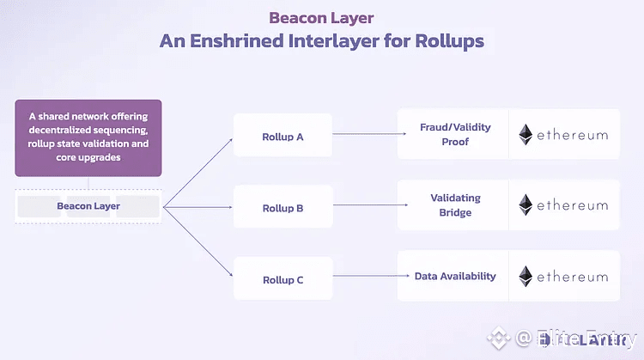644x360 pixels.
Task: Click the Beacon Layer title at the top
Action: click(x=321, y=16)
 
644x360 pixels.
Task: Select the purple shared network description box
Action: click(x=88, y=137)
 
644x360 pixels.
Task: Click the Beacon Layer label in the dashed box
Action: click(x=87, y=206)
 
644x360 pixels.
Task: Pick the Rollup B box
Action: click(x=282, y=208)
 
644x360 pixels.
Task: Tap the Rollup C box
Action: click(x=282, y=279)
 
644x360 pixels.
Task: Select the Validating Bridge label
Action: click(x=455, y=205)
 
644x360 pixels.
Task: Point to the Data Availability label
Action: click(x=455, y=276)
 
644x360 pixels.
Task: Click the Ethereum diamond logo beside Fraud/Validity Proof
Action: click(x=526, y=135)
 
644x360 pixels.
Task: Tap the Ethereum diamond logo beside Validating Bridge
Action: click(x=526, y=205)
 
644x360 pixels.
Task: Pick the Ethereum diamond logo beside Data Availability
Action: click(x=526, y=276)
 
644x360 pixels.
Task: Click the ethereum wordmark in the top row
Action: click(x=574, y=135)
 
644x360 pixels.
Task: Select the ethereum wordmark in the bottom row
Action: click(x=574, y=277)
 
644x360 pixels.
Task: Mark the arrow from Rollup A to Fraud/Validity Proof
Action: click(x=369, y=133)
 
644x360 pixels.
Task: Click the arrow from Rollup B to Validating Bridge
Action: click(x=369, y=204)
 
